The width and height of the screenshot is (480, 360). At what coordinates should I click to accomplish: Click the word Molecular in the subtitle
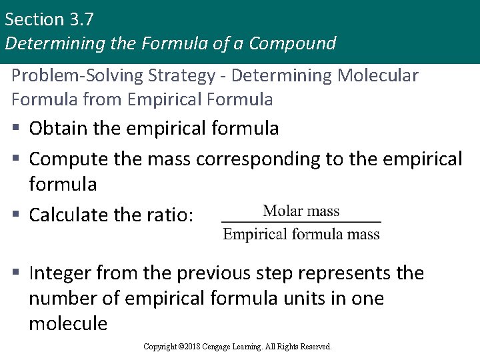[378, 75]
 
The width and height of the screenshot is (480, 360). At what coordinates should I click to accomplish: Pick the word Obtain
[59, 127]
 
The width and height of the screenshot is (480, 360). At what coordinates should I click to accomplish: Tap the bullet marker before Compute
[17, 159]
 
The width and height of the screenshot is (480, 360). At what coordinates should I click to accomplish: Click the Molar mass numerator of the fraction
[301, 211]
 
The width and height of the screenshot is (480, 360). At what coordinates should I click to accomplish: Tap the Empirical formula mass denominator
[301, 234]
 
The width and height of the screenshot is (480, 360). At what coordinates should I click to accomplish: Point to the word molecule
[68, 323]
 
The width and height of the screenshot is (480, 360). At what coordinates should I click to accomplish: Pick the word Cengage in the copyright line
[229, 347]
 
